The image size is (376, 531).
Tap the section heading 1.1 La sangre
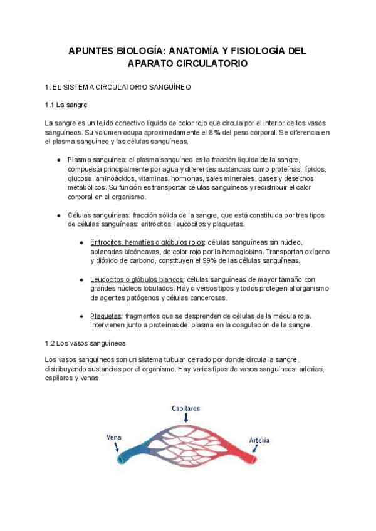tap(70, 105)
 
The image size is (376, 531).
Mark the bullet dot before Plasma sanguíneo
tap(58, 160)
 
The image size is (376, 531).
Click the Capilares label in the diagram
tap(186, 408)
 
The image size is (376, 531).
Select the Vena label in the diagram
tap(114, 437)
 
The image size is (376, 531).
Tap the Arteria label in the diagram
tap(259, 440)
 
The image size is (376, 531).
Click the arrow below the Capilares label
tap(186, 418)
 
